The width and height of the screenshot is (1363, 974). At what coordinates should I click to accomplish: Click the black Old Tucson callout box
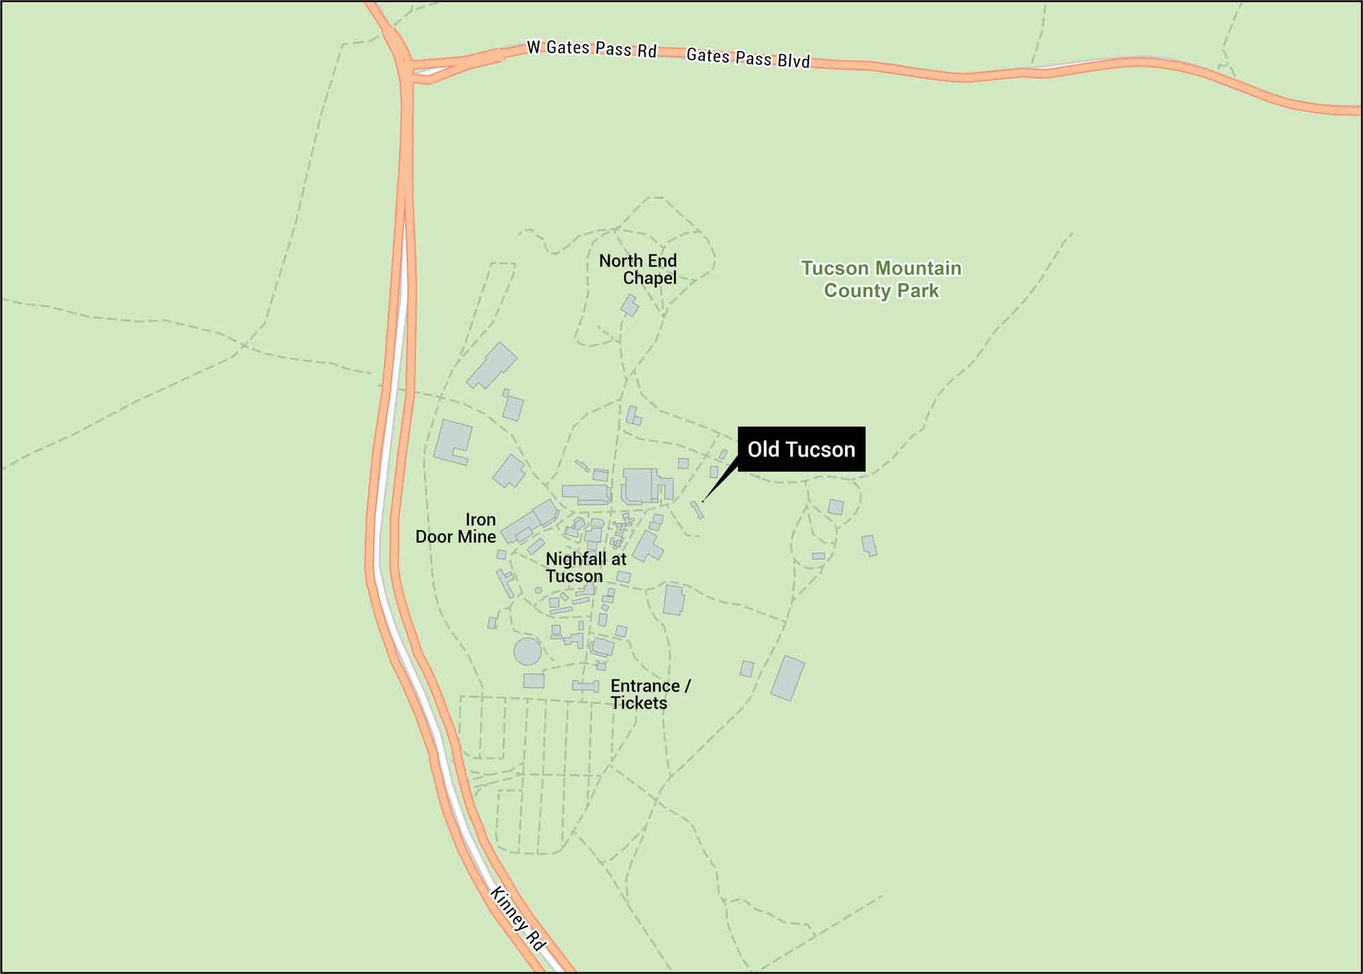pyautogui.click(x=801, y=449)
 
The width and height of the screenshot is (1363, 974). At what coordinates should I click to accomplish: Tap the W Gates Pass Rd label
pyautogui.click(x=592, y=49)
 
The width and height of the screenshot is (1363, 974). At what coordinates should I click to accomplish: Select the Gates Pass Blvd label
pyautogui.click(x=748, y=57)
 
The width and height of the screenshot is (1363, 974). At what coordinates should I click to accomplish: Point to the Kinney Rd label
pyautogui.click(x=518, y=919)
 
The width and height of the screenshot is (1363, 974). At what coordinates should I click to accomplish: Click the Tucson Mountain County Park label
pyautogui.click(x=881, y=279)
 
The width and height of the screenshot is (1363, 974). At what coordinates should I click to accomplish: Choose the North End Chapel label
pyautogui.click(x=639, y=269)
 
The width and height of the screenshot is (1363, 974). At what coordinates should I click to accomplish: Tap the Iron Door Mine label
pyautogui.click(x=456, y=528)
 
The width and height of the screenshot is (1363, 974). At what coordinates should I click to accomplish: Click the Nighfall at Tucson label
pyautogui.click(x=585, y=568)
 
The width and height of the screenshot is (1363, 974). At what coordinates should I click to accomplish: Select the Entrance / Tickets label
pyautogui.click(x=650, y=695)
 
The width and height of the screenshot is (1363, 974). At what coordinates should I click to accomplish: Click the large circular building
pyautogui.click(x=527, y=651)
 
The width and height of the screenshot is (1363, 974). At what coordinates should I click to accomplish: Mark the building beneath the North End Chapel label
pyautogui.click(x=630, y=305)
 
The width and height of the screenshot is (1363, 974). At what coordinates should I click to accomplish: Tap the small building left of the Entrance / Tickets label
pyautogui.click(x=585, y=686)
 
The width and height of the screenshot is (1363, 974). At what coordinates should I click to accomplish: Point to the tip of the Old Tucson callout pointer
pyautogui.click(x=703, y=502)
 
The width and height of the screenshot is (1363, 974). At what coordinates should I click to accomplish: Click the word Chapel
pyautogui.click(x=649, y=278)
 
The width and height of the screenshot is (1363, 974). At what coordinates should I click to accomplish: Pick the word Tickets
pyautogui.click(x=639, y=703)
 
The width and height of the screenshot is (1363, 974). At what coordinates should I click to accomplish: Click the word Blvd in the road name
pyautogui.click(x=793, y=61)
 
